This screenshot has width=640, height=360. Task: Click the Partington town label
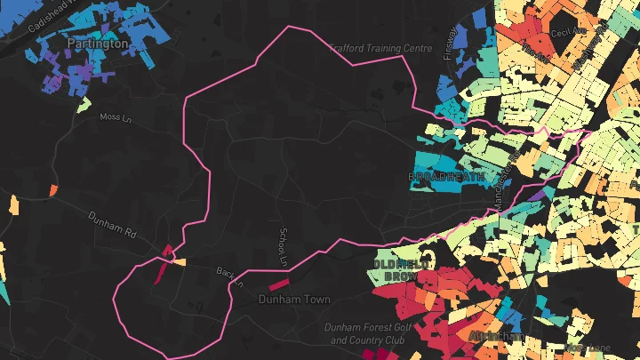click(x=98, y=43)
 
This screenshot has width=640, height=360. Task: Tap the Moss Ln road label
click(x=115, y=116)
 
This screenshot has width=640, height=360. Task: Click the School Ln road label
click(x=284, y=245)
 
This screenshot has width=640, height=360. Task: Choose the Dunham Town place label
click(x=294, y=300)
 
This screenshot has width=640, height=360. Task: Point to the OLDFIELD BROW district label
click(x=401, y=270)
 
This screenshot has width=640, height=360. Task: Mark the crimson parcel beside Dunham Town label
click(x=279, y=284)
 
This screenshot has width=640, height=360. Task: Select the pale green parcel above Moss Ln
click(x=84, y=105)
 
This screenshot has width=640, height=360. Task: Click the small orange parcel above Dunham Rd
click(x=53, y=189)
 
